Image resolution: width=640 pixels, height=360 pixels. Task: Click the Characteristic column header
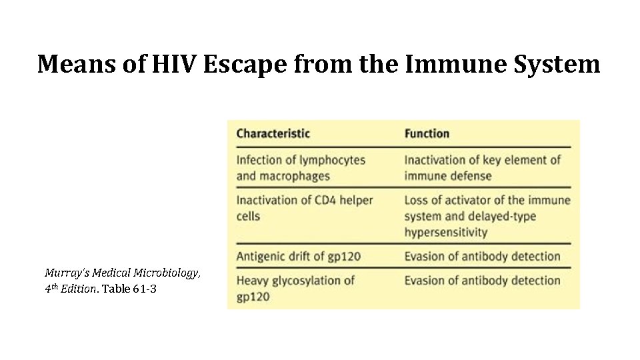(x=273, y=133)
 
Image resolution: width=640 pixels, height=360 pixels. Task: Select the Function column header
(x=427, y=133)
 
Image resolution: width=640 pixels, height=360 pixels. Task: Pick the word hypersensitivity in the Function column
(x=445, y=232)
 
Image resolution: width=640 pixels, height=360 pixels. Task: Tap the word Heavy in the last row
(x=252, y=281)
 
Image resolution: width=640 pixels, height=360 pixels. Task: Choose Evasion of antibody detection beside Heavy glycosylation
(x=482, y=281)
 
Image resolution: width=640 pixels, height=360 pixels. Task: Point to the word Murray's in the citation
(x=64, y=273)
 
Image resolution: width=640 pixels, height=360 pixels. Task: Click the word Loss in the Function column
(x=417, y=200)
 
